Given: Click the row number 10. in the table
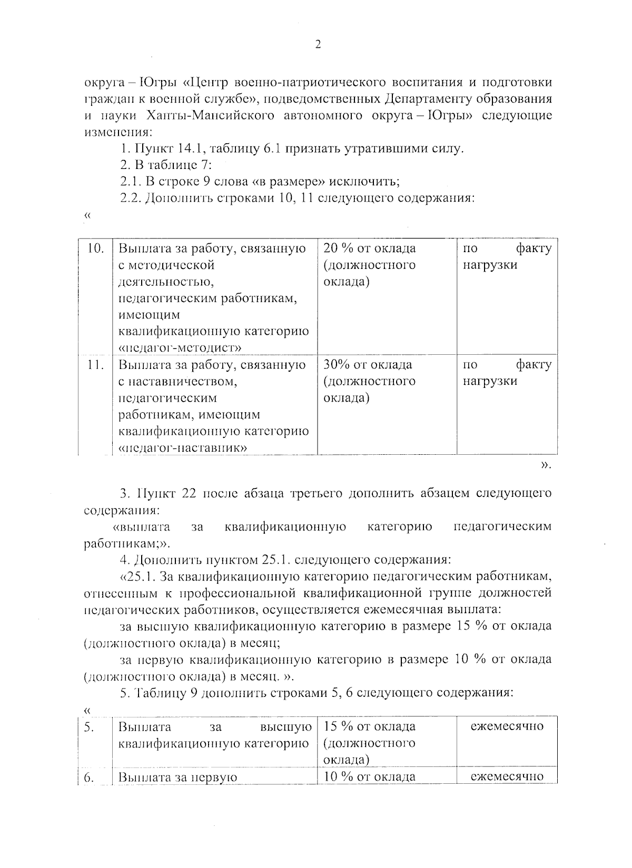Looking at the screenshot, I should (x=95, y=248).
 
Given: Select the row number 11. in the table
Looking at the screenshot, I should (x=95, y=364).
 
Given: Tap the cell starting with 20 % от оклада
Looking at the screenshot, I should (x=369, y=265).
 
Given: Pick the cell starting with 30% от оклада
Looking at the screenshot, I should (x=369, y=381).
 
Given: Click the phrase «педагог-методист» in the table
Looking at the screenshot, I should (x=181, y=347).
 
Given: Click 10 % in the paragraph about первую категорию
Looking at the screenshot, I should (x=469, y=659).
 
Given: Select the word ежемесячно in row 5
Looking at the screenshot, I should (x=507, y=726).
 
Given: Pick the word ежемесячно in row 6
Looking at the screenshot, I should (x=507, y=776).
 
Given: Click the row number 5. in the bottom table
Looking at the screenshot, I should (x=90, y=727).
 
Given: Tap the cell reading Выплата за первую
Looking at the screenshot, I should (x=178, y=777).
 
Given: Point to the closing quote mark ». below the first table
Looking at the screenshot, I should (x=546, y=465).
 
